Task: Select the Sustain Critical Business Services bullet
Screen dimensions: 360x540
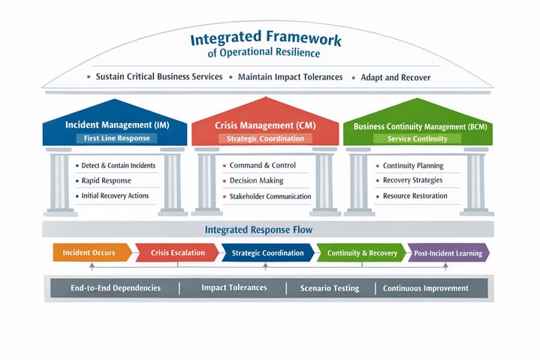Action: (159, 77)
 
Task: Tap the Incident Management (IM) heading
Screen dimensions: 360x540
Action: (116, 124)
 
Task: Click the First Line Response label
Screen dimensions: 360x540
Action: (116, 138)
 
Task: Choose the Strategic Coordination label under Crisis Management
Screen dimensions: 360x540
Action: (265, 138)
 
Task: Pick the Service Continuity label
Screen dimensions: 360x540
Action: (417, 138)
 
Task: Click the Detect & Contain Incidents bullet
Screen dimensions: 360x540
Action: (119, 165)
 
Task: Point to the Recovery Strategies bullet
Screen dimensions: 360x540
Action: (412, 180)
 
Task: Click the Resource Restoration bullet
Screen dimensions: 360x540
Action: (415, 196)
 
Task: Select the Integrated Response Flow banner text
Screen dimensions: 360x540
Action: (269, 229)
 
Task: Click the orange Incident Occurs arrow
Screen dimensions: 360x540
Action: (91, 253)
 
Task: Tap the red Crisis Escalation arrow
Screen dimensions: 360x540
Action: (177, 253)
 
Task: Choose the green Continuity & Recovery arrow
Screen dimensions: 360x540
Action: (362, 253)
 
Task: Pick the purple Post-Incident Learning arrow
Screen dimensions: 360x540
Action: (448, 253)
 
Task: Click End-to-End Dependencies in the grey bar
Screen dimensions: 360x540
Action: (116, 288)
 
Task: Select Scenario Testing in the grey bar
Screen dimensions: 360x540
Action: (330, 288)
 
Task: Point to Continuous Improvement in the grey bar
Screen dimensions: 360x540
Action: (426, 288)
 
